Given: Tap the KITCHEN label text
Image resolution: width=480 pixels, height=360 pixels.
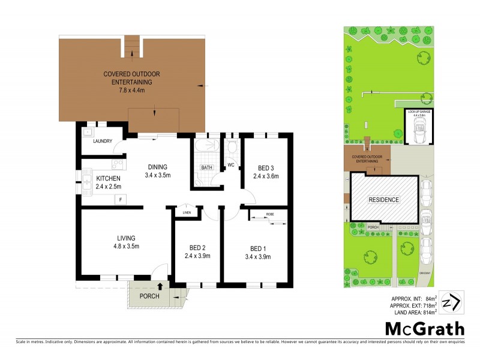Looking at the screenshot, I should click(x=108, y=178).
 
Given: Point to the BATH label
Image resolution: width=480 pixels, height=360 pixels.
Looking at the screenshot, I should click(x=207, y=167).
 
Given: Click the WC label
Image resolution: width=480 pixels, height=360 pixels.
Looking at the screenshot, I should click(x=230, y=164).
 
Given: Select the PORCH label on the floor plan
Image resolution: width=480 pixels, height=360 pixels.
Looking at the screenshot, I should click(x=149, y=296).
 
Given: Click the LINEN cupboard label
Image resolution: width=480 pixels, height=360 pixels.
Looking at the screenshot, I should click(x=187, y=212).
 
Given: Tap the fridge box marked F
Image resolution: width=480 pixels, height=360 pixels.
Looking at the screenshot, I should click(x=120, y=199).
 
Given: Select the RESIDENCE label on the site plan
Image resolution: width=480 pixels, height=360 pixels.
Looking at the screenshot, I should click(x=384, y=200).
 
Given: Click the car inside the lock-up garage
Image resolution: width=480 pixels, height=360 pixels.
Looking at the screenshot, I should click(x=418, y=130).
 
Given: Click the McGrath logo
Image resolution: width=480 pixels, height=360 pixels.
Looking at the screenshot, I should click(x=424, y=328).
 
